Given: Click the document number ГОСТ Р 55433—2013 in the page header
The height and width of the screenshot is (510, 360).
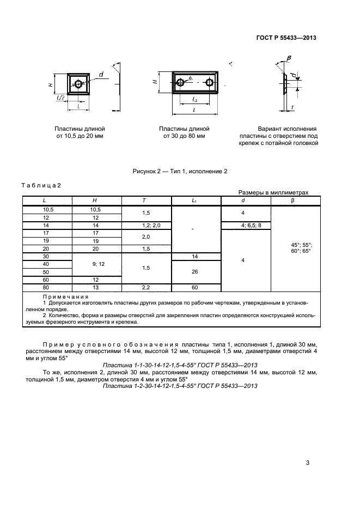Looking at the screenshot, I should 286,38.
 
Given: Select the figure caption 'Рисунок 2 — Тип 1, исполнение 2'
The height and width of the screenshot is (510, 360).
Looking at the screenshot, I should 180,171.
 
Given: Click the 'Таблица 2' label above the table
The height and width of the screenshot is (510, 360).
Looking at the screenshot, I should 41,185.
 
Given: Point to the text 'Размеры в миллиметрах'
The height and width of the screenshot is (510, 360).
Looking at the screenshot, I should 273,192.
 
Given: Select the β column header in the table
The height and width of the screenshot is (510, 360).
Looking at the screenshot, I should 294,201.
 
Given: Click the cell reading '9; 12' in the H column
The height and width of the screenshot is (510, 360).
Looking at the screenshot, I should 96,264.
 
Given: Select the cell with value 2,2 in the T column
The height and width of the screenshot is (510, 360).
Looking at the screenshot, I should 146,287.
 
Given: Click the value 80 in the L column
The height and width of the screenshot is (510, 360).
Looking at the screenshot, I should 47,287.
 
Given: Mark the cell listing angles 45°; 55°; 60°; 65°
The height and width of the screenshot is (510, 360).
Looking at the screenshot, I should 294,248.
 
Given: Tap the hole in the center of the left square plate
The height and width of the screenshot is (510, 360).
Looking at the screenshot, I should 79,84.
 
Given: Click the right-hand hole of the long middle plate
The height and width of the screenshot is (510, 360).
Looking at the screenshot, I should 210,83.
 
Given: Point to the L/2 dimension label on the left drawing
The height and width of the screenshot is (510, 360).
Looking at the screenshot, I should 61,98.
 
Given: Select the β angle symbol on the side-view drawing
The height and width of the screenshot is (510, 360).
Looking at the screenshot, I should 289,58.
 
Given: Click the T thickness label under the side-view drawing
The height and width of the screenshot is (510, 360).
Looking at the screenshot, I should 292,108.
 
